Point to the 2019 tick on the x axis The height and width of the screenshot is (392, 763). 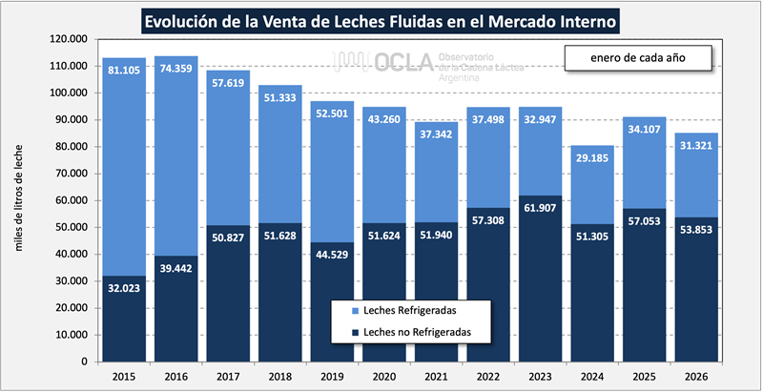click(331, 377)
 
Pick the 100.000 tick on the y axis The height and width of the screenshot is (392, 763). click(67, 93)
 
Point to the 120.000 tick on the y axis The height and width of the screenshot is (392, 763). click(67, 39)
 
